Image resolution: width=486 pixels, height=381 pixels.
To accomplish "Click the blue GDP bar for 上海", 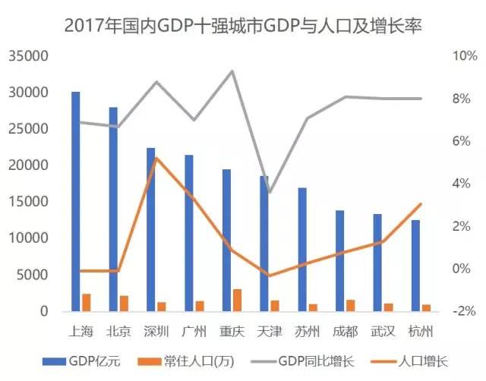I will (75, 201).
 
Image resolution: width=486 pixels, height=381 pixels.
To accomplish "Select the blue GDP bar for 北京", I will (113, 209).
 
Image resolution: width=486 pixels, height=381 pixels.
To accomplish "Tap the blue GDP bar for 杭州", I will (415, 266).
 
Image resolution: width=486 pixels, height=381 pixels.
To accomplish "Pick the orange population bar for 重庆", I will (237, 300).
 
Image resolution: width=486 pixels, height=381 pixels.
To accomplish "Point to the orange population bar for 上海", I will (87, 302).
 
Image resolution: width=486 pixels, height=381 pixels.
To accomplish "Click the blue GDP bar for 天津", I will (264, 243).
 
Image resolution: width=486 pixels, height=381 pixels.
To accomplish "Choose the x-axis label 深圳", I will (156, 332).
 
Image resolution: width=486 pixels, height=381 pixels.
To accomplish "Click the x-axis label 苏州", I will (308, 332).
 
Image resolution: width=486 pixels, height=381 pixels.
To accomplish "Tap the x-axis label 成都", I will (346, 332).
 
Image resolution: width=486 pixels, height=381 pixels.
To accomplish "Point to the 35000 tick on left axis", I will (30, 56).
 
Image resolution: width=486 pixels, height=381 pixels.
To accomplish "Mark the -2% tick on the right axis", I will (463, 311).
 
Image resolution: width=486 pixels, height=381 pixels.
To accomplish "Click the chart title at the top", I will (242, 24).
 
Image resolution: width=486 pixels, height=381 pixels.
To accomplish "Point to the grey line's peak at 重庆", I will (232, 71).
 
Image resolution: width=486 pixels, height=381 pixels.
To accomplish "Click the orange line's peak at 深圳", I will (156, 158).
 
